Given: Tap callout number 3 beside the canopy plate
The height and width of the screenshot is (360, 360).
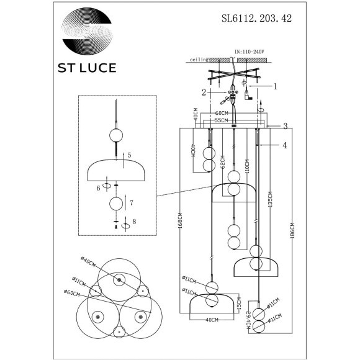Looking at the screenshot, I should tap(284, 127).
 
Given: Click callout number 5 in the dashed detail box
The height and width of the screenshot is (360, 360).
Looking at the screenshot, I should tap(129, 156).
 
